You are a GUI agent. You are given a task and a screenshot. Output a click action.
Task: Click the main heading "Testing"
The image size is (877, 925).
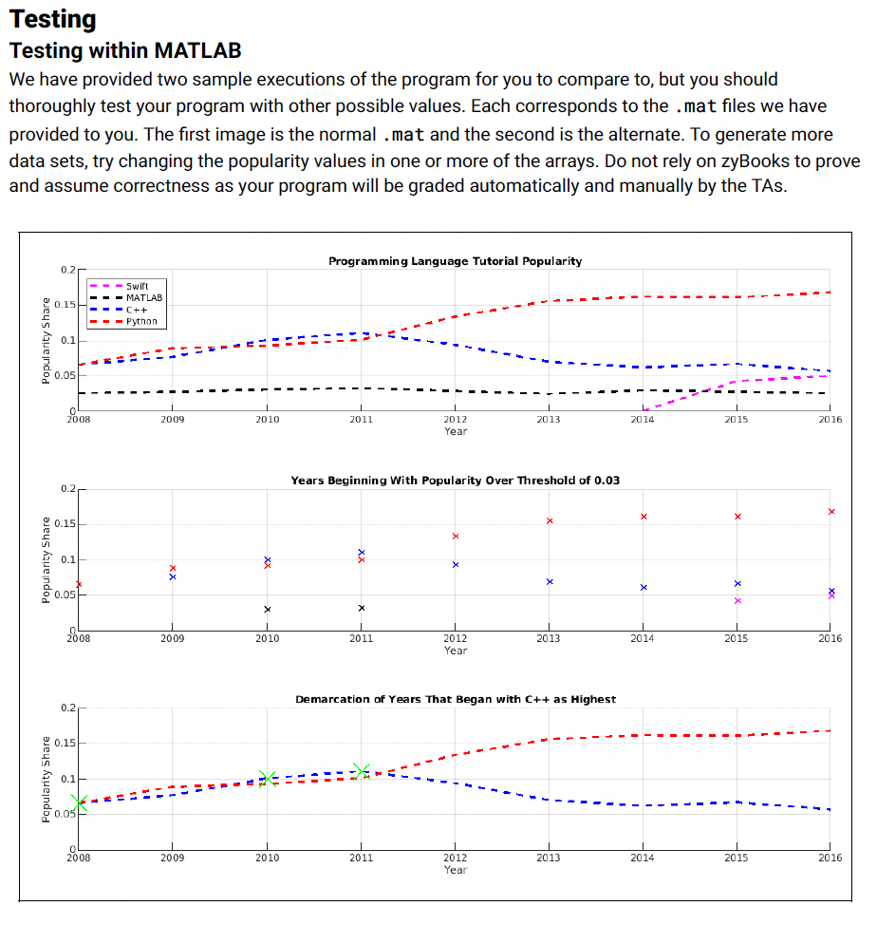[x=52, y=18]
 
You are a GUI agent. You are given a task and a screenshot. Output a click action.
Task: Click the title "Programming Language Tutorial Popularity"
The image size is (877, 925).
[x=455, y=261]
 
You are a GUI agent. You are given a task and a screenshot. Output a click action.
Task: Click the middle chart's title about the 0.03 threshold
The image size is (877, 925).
[x=455, y=481]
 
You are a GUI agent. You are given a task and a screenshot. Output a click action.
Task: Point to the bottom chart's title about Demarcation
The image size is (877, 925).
[x=455, y=699]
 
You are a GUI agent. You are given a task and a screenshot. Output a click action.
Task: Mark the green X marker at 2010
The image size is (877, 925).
[x=267, y=779]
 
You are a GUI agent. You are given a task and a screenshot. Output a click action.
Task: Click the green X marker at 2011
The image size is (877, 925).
[x=361, y=771]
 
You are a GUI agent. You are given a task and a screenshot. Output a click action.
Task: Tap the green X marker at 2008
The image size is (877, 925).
[x=79, y=803]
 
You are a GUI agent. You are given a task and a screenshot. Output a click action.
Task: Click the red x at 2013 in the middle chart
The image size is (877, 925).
[x=549, y=520]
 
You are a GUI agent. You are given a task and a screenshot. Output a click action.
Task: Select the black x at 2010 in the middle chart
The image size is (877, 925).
[x=267, y=609]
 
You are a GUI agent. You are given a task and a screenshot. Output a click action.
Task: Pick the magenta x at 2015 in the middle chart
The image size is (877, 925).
[x=737, y=600]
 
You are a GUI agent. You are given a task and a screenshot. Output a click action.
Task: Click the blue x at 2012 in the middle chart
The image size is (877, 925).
[x=455, y=564]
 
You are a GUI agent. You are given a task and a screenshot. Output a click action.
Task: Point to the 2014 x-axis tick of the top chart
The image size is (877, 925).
[x=643, y=419]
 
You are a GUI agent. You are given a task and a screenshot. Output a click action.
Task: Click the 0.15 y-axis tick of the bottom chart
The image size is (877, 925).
[x=65, y=744]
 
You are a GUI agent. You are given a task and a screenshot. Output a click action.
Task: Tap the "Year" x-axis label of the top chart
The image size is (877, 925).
[x=455, y=431]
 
